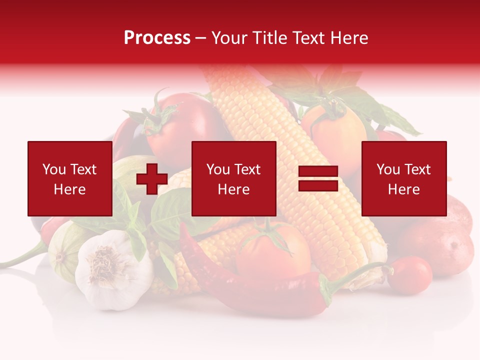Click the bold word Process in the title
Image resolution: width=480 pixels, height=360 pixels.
[157, 38]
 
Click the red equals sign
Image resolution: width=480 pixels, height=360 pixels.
[318, 178]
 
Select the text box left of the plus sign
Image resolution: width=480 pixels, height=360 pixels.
[69, 178]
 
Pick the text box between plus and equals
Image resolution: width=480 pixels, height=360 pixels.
[233, 178]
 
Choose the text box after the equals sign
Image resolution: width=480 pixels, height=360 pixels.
[403, 178]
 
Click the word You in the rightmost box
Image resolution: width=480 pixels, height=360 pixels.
[387, 169]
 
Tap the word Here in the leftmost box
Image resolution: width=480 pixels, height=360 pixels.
[69, 189]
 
